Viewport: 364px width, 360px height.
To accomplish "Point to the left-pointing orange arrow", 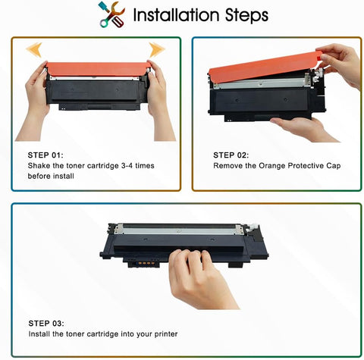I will coord(34,51).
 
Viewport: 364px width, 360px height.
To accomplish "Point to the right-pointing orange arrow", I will coord(156,51).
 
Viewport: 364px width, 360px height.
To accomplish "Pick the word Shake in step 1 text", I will coord(40,165).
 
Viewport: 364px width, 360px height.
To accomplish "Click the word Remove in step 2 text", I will coord(228,165).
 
